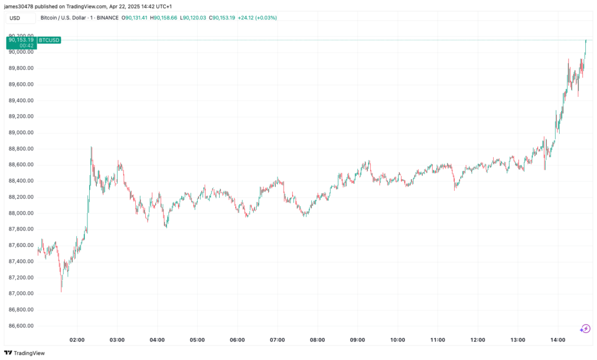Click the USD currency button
point(15,18)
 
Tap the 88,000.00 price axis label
point(21,213)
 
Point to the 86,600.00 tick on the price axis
point(21,326)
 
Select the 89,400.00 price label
point(21,100)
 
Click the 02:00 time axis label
point(77,340)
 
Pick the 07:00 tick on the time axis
point(278,340)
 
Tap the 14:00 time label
point(558,340)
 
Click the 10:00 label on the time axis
point(398,340)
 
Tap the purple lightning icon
point(585,328)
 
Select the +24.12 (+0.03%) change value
point(257,18)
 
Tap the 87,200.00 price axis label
point(21,293)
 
